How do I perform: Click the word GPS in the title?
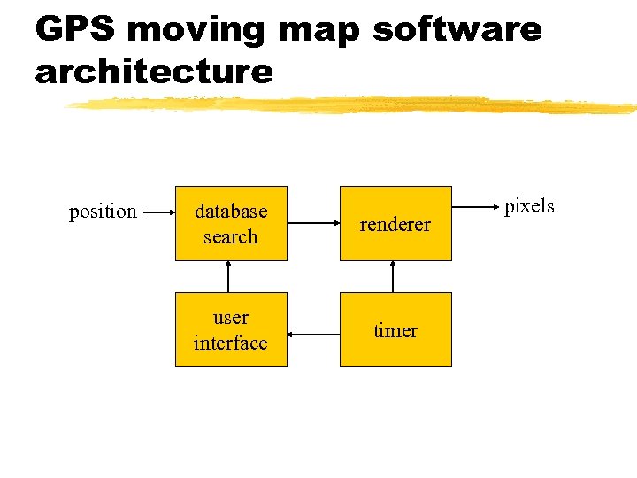(76, 29)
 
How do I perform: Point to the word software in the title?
(457, 29)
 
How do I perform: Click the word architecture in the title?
(154, 71)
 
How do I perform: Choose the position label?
(103, 212)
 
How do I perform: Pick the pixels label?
(529, 206)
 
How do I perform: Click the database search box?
(231, 223)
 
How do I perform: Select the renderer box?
(395, 223)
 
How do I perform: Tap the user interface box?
(231, 329)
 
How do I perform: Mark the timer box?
(395, 329)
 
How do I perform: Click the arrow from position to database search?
(157, 212)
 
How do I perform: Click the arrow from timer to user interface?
(313, 334)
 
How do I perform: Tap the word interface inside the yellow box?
(231, 343)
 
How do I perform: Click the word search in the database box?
(231, 236)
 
